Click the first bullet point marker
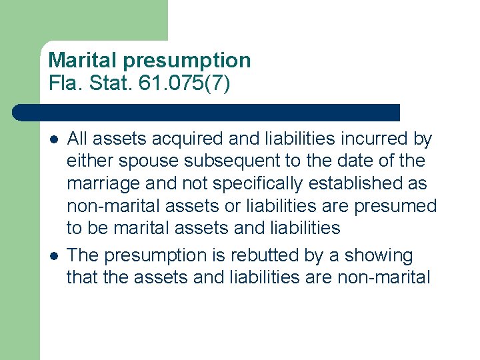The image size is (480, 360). point(53,139)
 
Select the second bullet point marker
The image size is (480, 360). point(53,256)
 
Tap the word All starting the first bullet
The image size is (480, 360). point(78,139)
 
